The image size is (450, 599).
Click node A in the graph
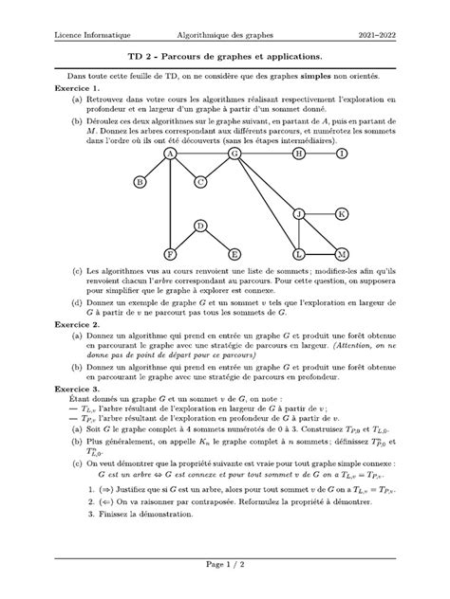coord(170,153)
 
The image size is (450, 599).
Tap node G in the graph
coord(234,153)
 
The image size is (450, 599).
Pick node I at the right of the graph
coord(342,153)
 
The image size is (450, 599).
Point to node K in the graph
coord(342,214)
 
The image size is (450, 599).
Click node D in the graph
coord(200,226)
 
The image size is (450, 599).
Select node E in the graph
coord(234,254)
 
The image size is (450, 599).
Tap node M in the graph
coord(342,254)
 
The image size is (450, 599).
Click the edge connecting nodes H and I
coord(320,153)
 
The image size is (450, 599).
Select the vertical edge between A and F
coord(170,204)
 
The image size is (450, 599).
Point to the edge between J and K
coord(320,214)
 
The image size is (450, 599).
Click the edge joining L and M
coord(320,254)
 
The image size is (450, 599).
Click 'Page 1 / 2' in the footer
coord(225,566)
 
